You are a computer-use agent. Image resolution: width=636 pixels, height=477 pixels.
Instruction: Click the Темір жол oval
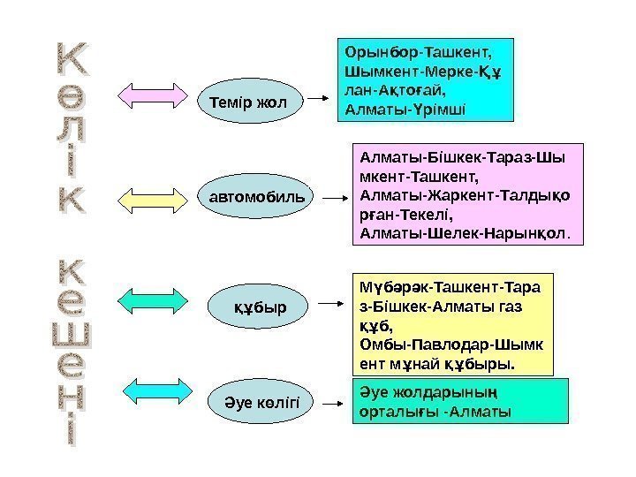pos(248,102)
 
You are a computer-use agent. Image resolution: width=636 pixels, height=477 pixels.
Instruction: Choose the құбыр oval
pos(260,307)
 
